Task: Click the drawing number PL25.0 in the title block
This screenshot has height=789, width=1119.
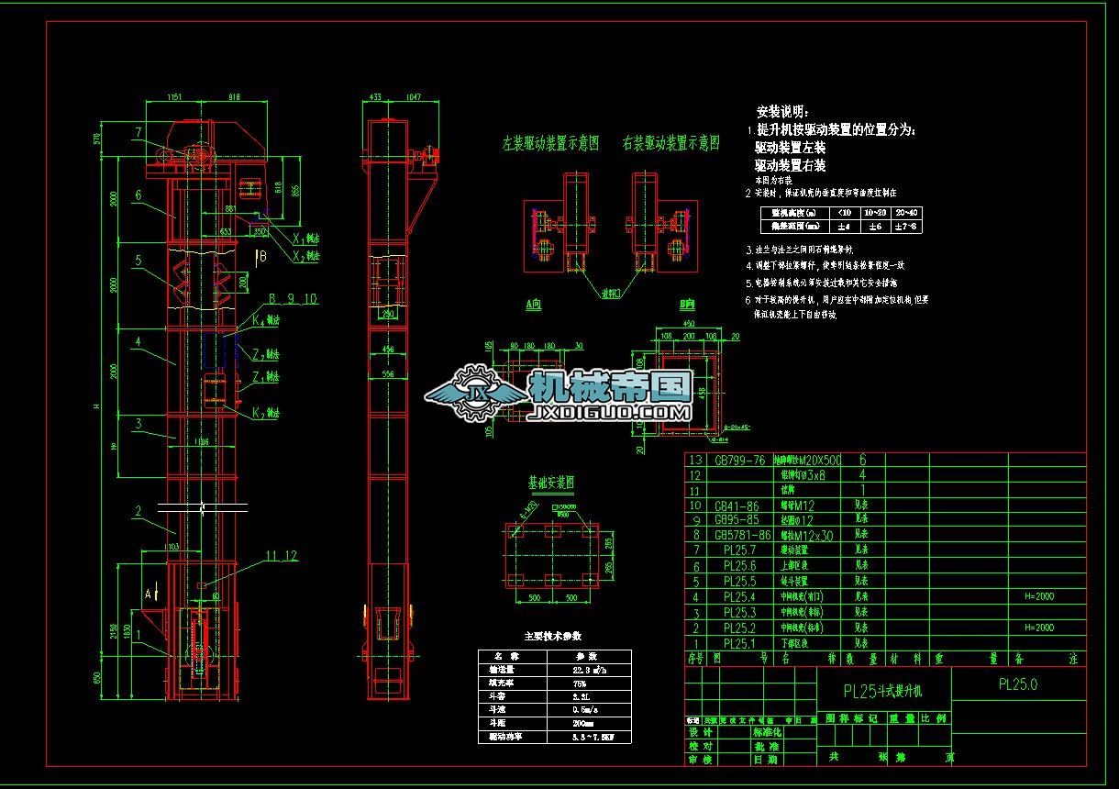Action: tap(1017, 684)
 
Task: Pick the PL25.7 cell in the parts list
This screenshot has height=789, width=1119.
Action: tap(739, 550)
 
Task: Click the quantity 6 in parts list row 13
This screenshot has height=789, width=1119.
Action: tap(861, 460)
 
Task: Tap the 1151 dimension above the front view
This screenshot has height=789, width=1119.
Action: tap(176, 96)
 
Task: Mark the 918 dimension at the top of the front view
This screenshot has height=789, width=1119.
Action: tap(233, 96)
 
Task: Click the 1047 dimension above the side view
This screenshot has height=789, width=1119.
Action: tap(413, 96)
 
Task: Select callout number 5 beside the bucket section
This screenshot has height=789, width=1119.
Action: tap(138, 261)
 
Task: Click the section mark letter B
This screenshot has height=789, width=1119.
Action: tap(262, 256)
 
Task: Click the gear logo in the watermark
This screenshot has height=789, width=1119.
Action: tap(477, 394)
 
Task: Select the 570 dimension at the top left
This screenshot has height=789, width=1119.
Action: tap(96, 139)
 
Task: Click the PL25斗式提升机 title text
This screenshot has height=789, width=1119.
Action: tap(882, 690)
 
